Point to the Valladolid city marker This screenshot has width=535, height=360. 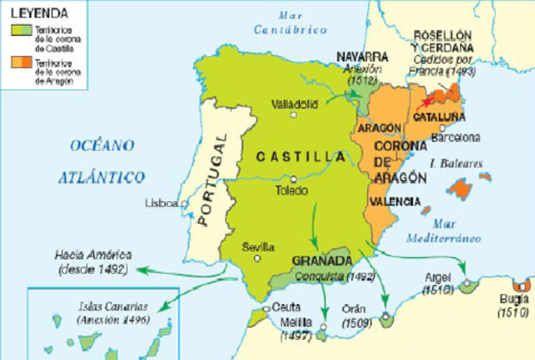coord(293,114)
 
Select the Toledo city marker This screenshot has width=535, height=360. coord(294,178)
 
